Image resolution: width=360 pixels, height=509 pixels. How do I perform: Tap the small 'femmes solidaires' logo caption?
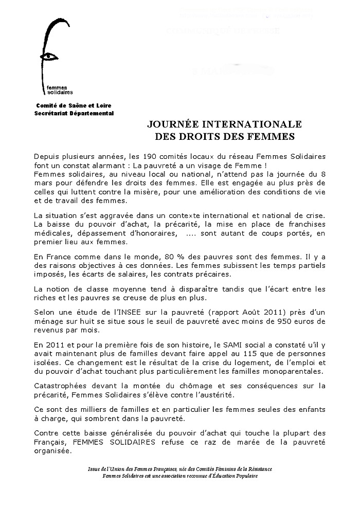57,90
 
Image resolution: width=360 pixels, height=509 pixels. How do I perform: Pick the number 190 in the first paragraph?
155,156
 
